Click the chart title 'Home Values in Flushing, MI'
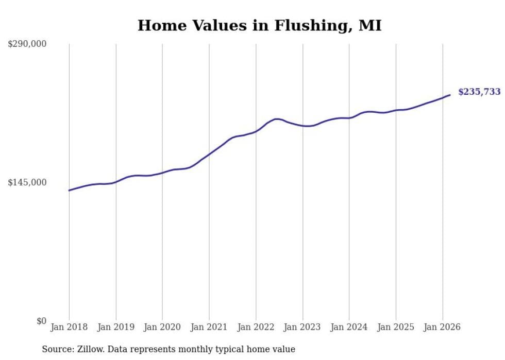click(x=259, y=26)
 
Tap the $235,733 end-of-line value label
click(x=479, y=92)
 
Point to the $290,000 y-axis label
click(x=27, y=44)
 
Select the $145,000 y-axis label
click(x=27, y=182)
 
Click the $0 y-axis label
click(x=41, y=321)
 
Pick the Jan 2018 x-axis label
click(x=69, y=327)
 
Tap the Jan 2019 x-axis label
click(x=116, y=327)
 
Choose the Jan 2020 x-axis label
click(x=162, y=327)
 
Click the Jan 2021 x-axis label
click(x=209, y=327)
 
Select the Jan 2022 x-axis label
click(x=256, y=327)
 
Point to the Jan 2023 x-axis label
click(x=302, y=327)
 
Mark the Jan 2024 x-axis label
click(x=349, y=327)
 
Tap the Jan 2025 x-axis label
click(x=396, y=327)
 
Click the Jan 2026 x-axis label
click(x=442, y=327)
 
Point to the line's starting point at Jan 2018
click(x=69, y=191)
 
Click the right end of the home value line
click(x=450, y=95)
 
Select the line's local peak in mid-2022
click(x=277, y=119)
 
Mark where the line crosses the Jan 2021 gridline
click(x=209, y=153)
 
